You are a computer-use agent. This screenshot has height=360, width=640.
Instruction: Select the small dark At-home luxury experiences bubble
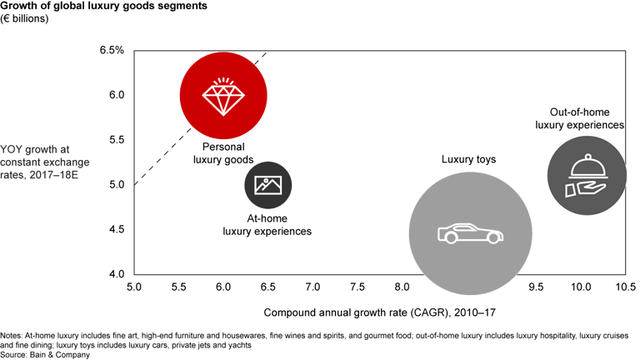click(267, 185)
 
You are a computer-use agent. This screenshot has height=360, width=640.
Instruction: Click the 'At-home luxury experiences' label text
click(267, 224)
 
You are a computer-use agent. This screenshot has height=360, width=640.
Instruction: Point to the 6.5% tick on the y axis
click(112, 50)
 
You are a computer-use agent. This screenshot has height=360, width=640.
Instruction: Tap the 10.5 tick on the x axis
click(624, 287)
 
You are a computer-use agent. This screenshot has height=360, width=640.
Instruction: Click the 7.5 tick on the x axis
click(357, 287)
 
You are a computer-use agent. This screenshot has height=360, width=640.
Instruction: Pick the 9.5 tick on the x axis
click(536, 287)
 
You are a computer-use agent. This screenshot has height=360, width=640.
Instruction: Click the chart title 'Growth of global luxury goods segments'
click(103, 7)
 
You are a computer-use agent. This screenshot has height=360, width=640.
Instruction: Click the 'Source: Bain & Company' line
click(45, 353)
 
